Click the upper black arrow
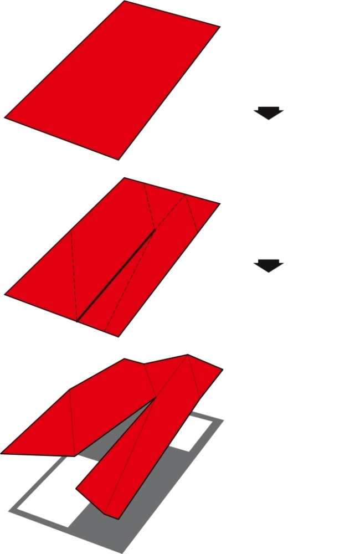tap(269, 112)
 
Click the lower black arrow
tap(269, 266)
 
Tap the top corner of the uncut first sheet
tap(125, 2)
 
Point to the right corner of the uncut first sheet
tap(219, 27)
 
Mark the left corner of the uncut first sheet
tap(5, 117)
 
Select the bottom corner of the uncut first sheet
tap(119, 160)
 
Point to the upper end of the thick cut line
tap(155, 229)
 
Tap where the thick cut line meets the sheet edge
tap(77, 321)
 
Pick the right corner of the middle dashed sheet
tap(219, 204)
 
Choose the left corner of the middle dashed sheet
tap(5, 294)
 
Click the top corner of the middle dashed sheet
tap(125, 178)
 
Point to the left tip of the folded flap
tap(2, 453)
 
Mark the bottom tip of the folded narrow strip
tap(117, 519)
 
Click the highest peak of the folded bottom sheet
tap(188, 355)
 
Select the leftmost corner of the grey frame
tap(9, 510)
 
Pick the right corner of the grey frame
tap(223, 420)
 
